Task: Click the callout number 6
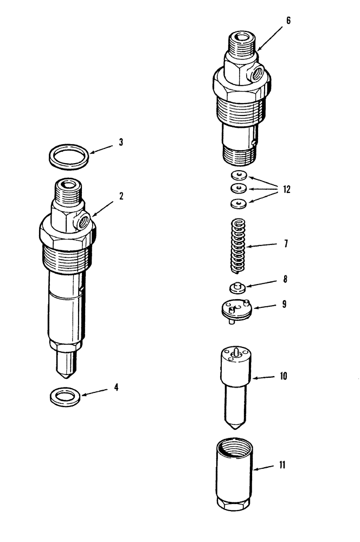[288, 21]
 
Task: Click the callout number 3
[121, 143]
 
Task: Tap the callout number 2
[121, 196]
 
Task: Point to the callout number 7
[286, 244]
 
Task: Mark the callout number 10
[284, 376]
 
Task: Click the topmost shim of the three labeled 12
[238, 175]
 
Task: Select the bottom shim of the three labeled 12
[237, 203]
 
